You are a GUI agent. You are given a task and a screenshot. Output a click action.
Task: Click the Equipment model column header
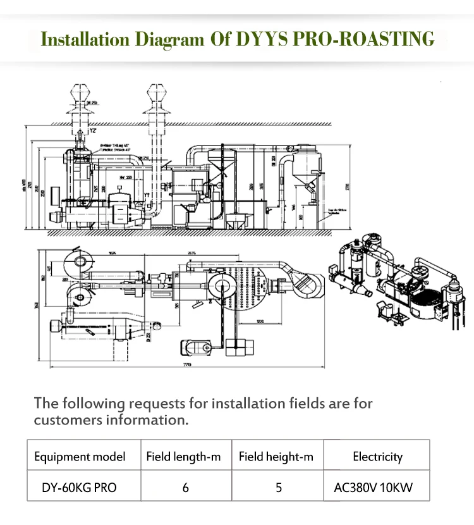tap(80, 456)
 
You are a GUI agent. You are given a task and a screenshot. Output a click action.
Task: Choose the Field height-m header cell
tap(276, 456)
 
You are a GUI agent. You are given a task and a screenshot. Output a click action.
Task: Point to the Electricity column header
tap(377, 456)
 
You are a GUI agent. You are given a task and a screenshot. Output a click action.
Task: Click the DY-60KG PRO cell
tap(80, 488)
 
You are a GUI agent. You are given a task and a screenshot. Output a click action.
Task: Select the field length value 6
tap(185, 488)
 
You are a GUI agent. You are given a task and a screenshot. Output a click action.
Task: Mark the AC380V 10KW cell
tap(377, 488)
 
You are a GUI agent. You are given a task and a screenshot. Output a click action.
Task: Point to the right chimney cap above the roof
tap(156, 95)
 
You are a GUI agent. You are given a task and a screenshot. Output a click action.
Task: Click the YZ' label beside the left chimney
tap(92, 132)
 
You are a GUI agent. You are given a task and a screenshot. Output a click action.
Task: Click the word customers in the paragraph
tap(74, 419)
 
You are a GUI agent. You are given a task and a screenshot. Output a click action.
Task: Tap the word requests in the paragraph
tap(168, 403)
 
